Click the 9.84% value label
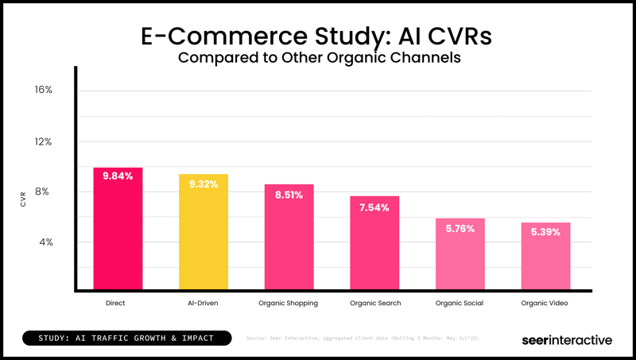tap(118, 176)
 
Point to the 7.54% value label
tap(374, 208)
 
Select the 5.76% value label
tap(460, 229)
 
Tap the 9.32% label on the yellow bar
tap(203, 184)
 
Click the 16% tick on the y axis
tap(43, 90)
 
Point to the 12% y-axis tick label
tap(43, 141)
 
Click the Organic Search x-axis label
tap(374, 304)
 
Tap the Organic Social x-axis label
tap(460, 304)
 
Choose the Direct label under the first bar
tap(115, 304)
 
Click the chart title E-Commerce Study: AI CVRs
tap(318, 36)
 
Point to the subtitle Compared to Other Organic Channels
tap(318, 58)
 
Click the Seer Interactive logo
tap(566, 339)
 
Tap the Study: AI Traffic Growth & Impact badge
tap(126, 339)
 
